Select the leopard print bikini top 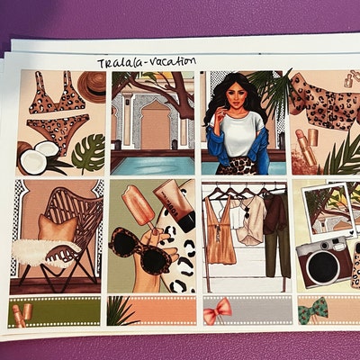tap(51, 99)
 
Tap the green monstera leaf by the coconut tap(88, 153)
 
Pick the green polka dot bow tap(313, 311)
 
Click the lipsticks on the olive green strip tap(24, 312)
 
